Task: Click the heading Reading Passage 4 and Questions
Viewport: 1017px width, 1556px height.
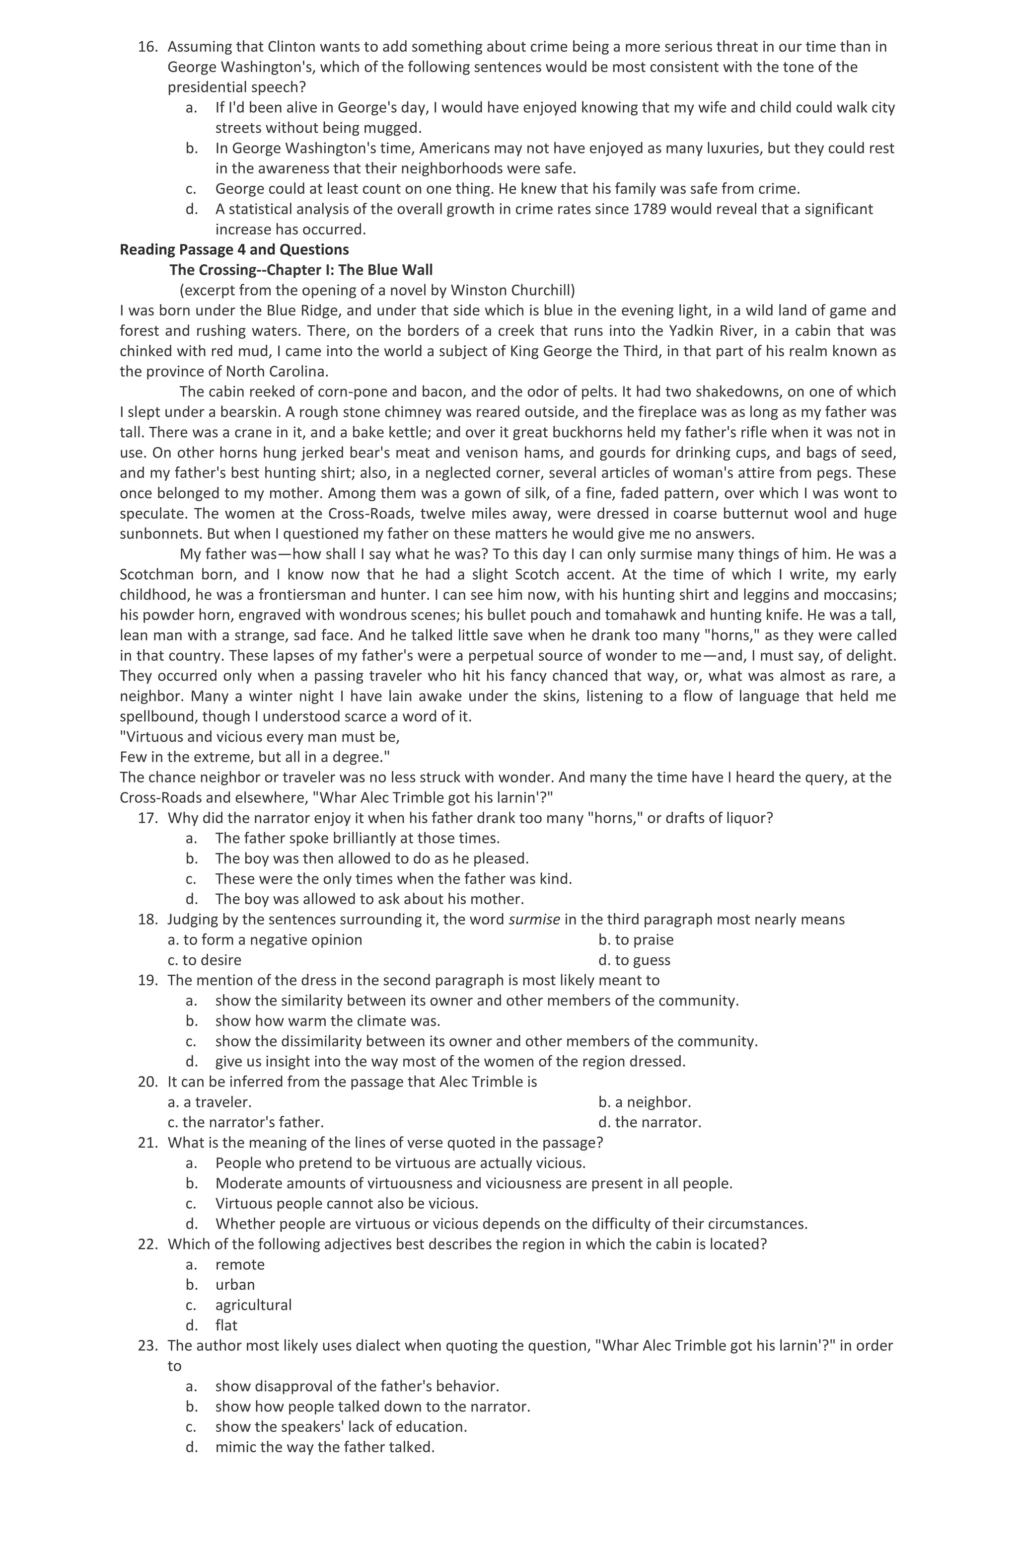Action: tap(234, 250)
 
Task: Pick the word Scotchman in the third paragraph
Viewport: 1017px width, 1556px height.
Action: tap(157, 575)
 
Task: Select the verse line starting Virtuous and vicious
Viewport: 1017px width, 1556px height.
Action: tap(260, 737)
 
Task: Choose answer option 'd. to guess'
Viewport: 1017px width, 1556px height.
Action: tap(634, 960)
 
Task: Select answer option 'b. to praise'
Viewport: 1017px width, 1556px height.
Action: tap(635, 940)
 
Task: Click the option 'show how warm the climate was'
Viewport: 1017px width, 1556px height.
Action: tap(327, 1021)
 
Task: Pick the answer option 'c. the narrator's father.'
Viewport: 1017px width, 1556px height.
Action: tap(246, 1123)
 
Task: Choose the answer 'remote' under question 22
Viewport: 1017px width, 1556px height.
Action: tap(240, 1264)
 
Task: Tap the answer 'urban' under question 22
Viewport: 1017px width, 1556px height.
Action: tap(235, 1285)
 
